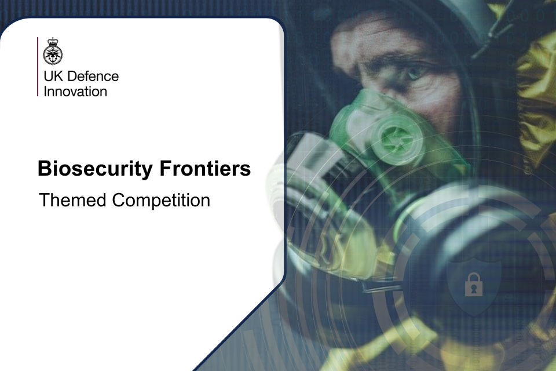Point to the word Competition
point(161,201)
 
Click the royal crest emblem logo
point(53,52)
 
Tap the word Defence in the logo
point(93,76)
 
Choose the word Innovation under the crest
point(75,91)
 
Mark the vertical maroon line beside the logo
point(38,67)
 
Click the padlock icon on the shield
point(473,285)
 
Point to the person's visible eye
point(414,72)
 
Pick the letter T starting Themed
point(45,200)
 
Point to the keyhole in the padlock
point(473,289)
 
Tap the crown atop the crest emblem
point(53,41)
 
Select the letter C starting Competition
point(119,200)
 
